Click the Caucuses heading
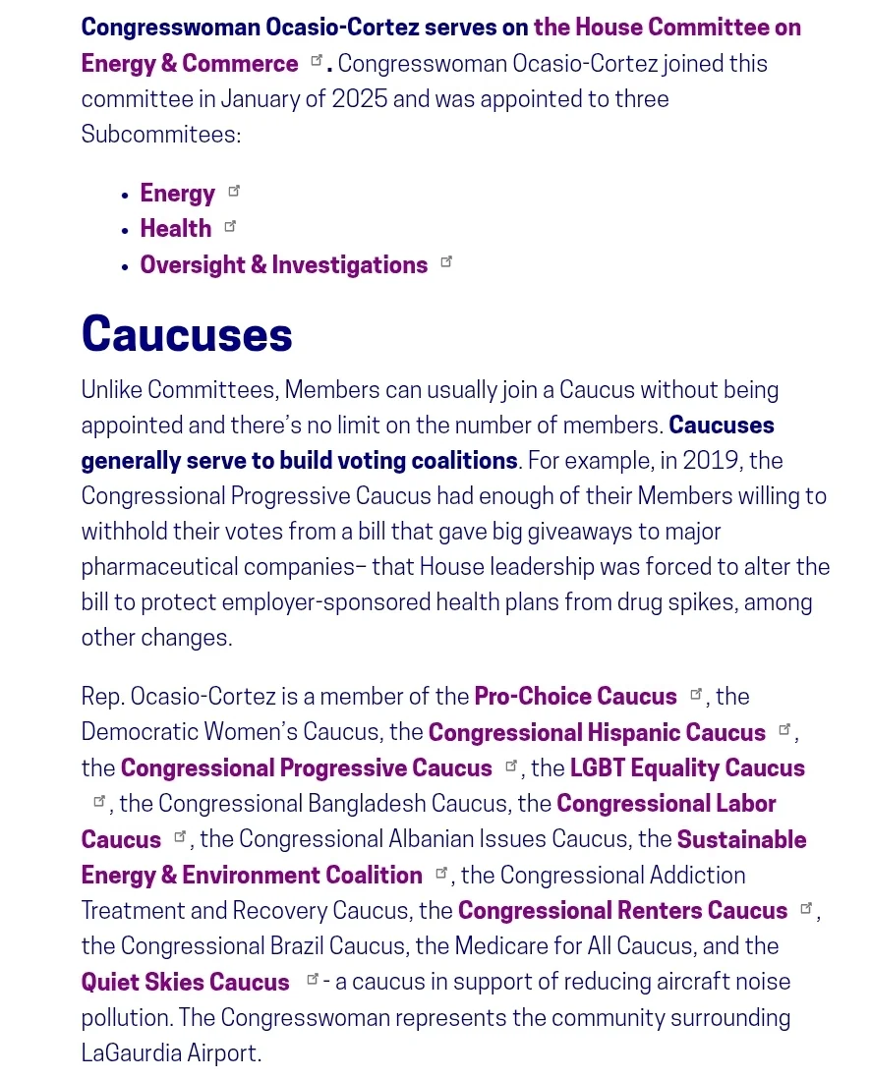[x=187, y=334]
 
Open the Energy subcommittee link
[x=177, y=194]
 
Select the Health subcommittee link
[x=175, y=229]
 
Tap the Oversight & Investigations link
[x=283, y=265]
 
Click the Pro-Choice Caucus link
[x=575, y=697]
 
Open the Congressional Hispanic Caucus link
[x=597, y=733]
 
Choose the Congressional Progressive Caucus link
[x=306, y=768]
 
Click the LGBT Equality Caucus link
[x=687, y=768]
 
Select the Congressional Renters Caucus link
[x=622, y=911]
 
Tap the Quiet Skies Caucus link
[x=185, y=983]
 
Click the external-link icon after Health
[x=230, y=226]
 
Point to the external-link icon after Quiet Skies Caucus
[x=313, y=979]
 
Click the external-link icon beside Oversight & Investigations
[x=446, y=261]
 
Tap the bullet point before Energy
[x=125, y=196]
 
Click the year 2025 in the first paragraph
[x=361, y=99]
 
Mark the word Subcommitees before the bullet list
[x=160, y=135]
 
